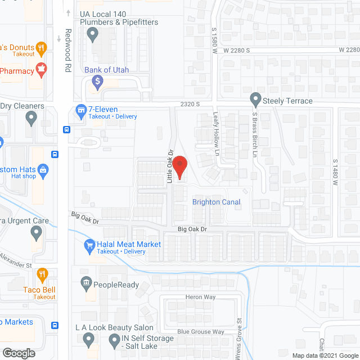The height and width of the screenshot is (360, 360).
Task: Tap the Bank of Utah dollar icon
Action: pos(97,82)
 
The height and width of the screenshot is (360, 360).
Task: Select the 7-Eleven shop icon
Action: pos(80,110)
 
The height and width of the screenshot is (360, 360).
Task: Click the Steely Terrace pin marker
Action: pos(255,100)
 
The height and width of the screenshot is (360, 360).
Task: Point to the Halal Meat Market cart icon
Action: pos(89,245)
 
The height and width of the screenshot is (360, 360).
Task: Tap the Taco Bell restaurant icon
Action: pos(42,275)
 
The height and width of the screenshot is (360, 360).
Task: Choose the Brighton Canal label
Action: pos(216,202)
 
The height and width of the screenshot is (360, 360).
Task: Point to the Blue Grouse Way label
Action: pos(201,332)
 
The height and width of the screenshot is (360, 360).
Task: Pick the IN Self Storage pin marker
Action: pos(114,340)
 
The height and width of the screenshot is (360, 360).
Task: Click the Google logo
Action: pos(19,353)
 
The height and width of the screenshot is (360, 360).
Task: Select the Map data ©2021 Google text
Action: pos(324,355)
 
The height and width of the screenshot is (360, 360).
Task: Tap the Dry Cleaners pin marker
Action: pos(31,118)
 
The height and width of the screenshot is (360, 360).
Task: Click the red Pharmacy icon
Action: pos(40,70)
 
